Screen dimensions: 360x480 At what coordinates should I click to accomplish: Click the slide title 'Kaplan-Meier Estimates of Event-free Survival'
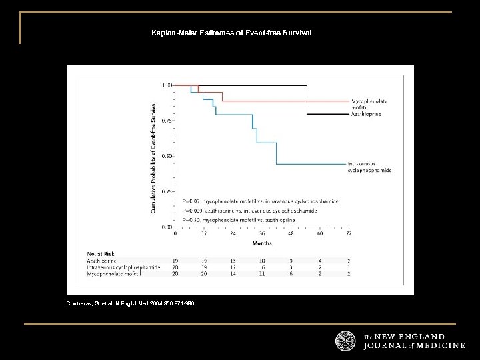pos(231,32)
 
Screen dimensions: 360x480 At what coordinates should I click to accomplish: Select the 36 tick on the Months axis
pos(262,234)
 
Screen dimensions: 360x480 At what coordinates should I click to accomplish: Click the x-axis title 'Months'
pos(261,243)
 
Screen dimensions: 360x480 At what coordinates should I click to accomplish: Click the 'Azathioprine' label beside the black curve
pos(367,114)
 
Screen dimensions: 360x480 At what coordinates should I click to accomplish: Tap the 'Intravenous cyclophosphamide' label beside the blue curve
pos(369,167)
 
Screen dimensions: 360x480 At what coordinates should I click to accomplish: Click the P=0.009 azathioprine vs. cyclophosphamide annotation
pos(260,211)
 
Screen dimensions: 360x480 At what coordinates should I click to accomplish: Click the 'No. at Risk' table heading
pos(99,254)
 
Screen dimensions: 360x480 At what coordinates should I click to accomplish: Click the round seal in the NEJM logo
pos(345,340)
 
